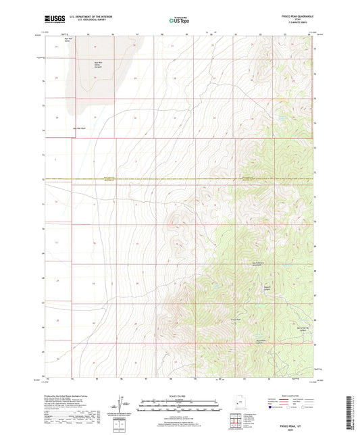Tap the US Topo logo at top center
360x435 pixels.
[179, 21]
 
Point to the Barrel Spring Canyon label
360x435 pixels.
[307, 328]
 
